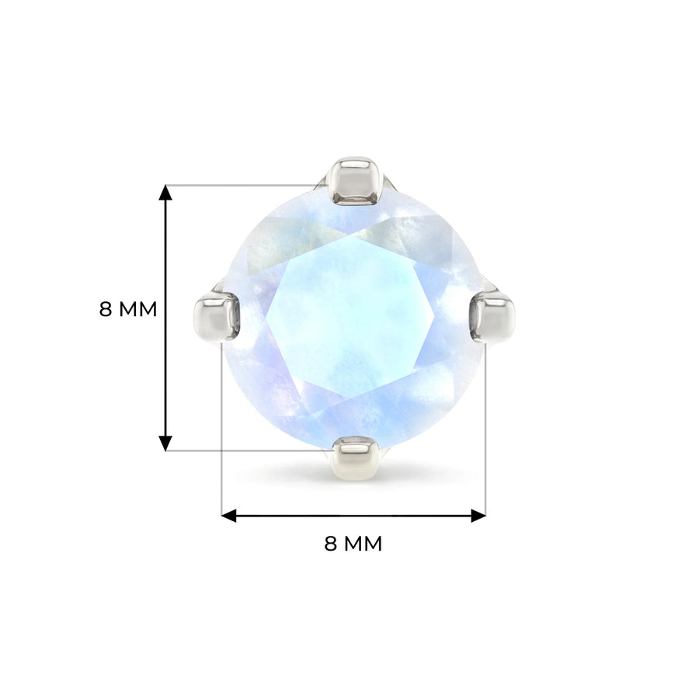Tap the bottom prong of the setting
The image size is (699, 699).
[x=355, y=458]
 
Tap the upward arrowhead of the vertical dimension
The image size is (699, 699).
[x=165, y=193]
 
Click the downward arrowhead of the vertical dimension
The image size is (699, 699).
[x=165, y=443]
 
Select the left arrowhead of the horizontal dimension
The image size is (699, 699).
[x=229, y=516]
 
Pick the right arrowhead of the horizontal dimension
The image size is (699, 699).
[x=478, y=516]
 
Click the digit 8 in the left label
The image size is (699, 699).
[x=105, y=309]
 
